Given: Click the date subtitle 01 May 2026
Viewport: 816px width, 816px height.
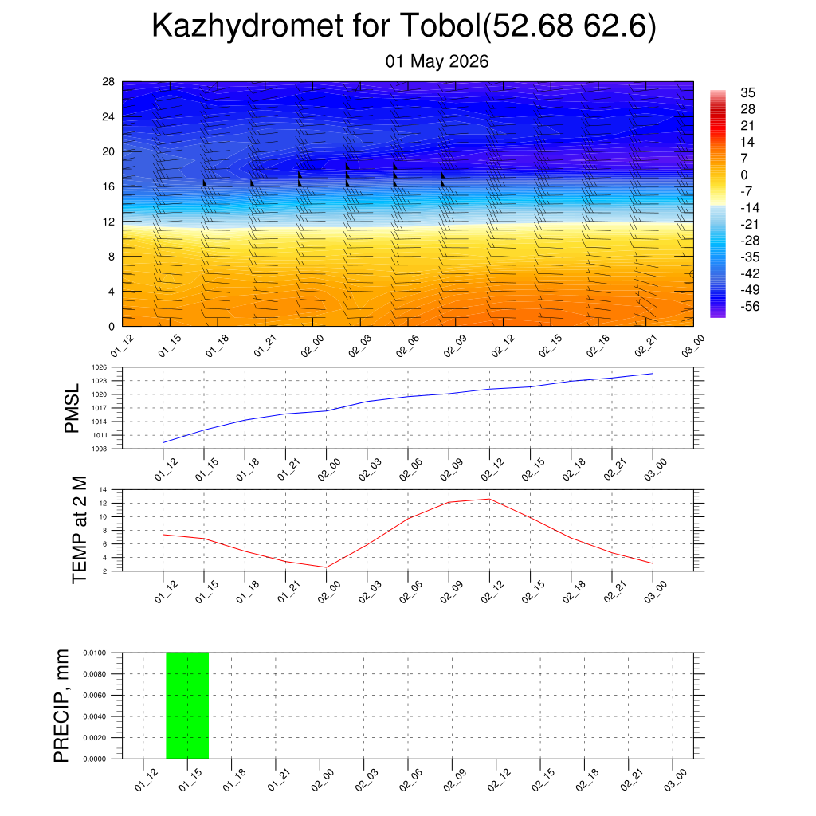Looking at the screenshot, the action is [437, 61].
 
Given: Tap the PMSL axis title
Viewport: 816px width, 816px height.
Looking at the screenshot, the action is [72, 409].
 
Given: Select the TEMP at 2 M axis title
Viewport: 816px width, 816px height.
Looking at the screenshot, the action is [79, 530].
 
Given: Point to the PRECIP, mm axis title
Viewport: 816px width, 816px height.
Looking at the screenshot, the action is [61, 706].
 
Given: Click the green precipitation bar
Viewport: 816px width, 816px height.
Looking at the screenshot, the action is [187, 706].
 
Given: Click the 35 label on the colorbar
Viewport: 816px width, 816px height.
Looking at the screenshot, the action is [747, 92].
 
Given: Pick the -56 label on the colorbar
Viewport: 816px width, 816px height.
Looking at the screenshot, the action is [750, 307].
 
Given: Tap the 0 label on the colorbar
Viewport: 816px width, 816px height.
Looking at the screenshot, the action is [744, 175].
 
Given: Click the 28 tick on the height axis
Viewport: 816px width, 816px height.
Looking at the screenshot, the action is [108, 82].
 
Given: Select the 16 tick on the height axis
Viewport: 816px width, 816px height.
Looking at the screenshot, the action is [108, 186].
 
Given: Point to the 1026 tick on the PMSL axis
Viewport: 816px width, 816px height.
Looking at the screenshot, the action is [100, 367].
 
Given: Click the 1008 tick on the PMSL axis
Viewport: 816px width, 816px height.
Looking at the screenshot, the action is [100, 449].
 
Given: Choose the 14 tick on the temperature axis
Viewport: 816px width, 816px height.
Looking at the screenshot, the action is [103, 490].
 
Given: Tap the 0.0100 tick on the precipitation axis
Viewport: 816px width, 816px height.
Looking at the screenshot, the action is [95, 653].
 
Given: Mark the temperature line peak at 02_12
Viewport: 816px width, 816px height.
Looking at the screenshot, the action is [490, 499].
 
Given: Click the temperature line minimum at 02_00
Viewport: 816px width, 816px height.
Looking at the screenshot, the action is [326, 567].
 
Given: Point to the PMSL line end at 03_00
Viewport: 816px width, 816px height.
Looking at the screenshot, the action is [653, 373].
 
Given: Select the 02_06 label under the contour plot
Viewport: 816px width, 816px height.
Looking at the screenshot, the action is [407, 346].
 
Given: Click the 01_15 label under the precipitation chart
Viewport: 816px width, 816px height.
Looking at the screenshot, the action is [190, 780].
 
